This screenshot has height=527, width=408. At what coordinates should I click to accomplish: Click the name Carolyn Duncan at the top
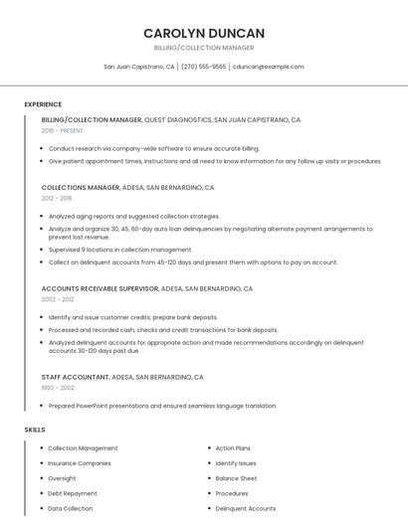click(204, 33)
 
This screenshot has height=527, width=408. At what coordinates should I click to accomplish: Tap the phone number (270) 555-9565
click(203, 67)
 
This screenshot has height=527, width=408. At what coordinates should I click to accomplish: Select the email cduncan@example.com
click(268, 67)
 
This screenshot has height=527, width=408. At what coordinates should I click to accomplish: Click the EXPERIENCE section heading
click(43, 104)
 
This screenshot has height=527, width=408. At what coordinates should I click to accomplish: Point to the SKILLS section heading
click(35, 430)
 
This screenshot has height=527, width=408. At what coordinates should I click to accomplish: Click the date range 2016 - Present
click(62, 130)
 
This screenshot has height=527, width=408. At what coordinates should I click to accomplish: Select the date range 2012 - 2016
click(57, 198)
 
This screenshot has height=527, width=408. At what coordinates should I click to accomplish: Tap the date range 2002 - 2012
click(58, 299)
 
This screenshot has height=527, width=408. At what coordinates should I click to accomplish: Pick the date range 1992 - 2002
click(58, 388)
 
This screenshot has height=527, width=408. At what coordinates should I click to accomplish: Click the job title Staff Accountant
click(76, 378)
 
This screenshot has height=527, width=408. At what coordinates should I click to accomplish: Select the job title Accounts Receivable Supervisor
click(100, 288)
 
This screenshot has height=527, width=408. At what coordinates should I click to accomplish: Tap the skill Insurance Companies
click(80, 463)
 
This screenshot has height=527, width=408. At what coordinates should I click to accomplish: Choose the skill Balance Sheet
click(236, 478)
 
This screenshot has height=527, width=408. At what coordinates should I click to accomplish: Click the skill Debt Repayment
click(73, 493)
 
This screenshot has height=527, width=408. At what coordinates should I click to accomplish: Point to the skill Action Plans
click(233, 448)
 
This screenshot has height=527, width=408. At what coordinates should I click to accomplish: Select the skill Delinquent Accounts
click(246, 508)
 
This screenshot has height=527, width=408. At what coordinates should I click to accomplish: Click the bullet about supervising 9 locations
click(120, 250)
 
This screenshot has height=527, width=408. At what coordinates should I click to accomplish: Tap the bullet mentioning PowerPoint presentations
click(162, 406)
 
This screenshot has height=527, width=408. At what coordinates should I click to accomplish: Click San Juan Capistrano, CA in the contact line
click(139, 67)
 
